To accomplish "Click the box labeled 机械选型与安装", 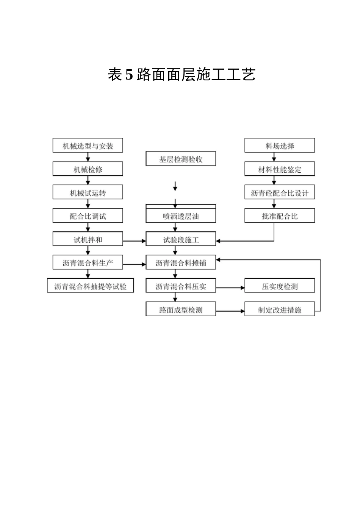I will tap(88, 146).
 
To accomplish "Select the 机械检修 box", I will tap(88, 169).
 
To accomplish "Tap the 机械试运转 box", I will tap(88, 193).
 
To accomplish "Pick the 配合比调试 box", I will tap(88, 216).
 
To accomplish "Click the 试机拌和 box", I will tap(88, 240).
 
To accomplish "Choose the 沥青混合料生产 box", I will tap(88, 263).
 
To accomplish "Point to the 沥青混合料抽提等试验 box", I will tap(90, 286).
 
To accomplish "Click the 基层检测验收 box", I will tap(181, 159).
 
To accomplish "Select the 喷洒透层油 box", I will tap(181, 216).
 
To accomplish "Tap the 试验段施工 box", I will tap(181, 240).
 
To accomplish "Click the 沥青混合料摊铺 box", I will tap(181, 263).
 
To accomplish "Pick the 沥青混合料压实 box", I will tap(181, 286).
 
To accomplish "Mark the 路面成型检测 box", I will tap(181, 310).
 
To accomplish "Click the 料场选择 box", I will tap(280, 146).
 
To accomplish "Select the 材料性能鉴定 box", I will tap(280, 169).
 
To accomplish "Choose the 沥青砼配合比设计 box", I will tap(280, 193).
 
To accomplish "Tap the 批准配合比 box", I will tap(280, 216).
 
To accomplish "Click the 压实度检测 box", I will tap(280, 286).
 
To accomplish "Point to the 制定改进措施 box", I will tap(280, 310).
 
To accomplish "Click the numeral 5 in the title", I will tap(129, 75).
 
